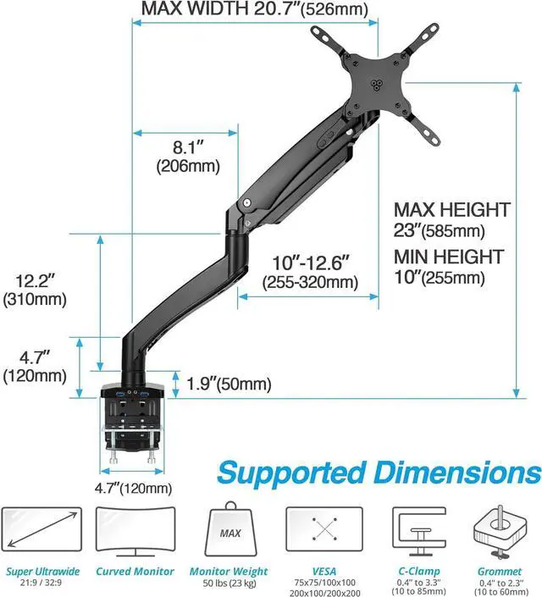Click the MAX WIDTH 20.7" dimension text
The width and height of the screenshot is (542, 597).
pyautogui.click(x=243, y=9)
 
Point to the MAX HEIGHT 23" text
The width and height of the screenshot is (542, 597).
pyautogui.click(x=452, y=219)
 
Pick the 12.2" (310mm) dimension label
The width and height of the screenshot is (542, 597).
pyautogui.click(x=35, y=288)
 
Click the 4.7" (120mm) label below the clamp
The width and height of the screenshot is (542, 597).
pyautogui.click(x=132, y=488)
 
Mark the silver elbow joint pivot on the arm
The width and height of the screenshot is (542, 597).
pyautogui.click(x=246, y=203)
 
